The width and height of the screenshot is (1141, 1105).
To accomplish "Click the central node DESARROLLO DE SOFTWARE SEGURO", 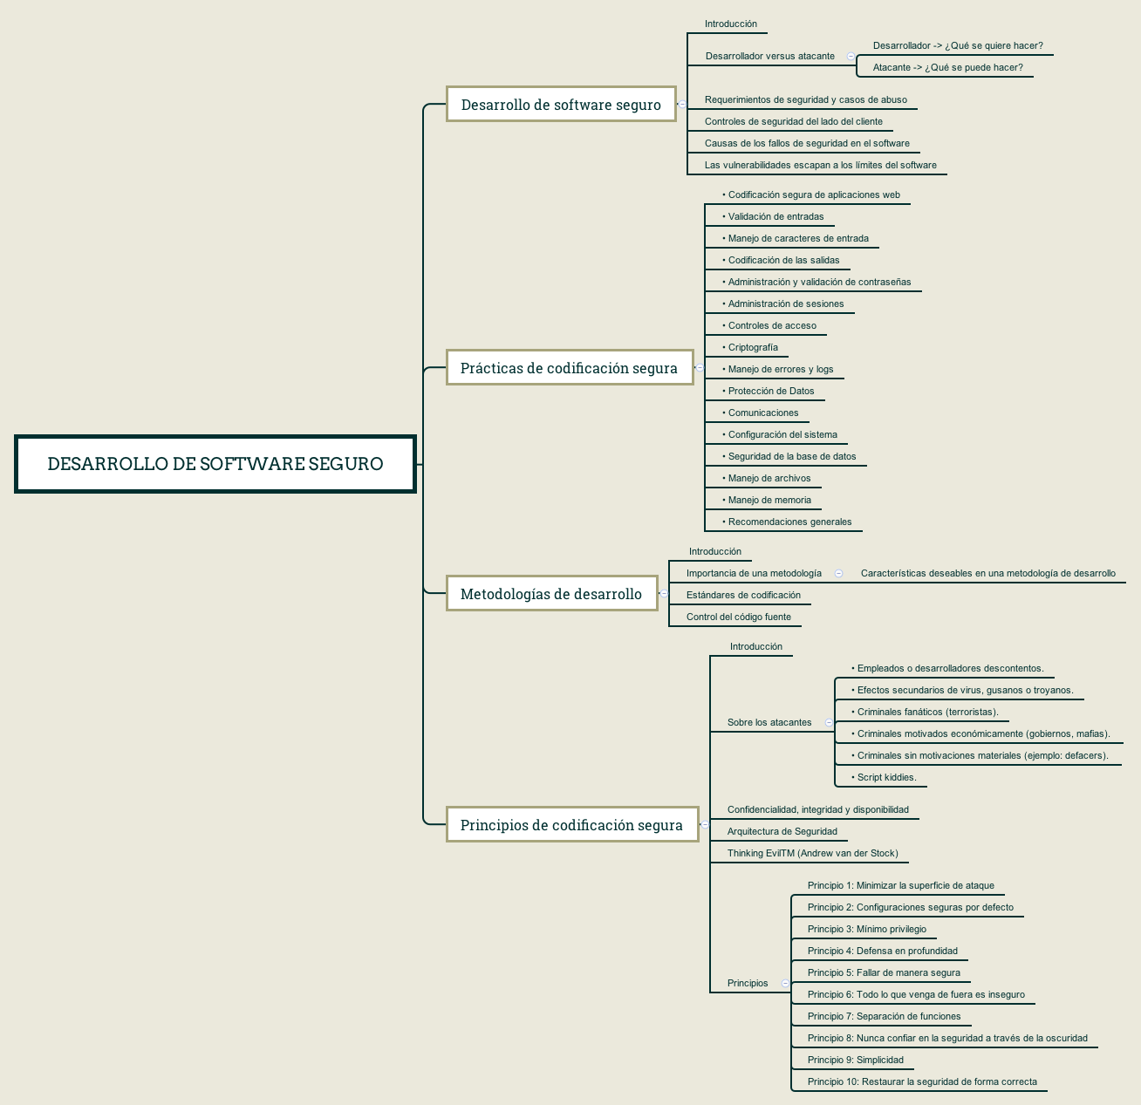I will pyautogui.click(x=215, y=464).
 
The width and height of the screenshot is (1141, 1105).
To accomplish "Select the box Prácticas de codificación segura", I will pyautogui.click(x=569, y=368).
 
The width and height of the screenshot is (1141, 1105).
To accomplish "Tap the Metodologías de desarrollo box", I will pyautogui.click(x=551, y=594).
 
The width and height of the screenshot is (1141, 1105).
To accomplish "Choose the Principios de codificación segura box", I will pyautogui.click(x=571, y=825).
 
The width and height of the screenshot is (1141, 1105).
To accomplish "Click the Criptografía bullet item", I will pyautogui.click(x=752, y=347).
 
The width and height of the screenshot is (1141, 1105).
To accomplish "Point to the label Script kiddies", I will pyautogui.click(x=886, y=777).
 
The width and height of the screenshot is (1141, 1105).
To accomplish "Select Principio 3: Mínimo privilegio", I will pyautogui.click(x=867, y=929).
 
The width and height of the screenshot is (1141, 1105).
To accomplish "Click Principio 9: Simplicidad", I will pyautogui.click(x=856, y=1060).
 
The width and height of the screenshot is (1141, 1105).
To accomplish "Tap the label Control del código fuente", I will pyautogui.click(x=739, y=617).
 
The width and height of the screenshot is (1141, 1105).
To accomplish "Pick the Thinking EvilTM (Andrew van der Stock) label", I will pyautogui.click(x=812, y=853).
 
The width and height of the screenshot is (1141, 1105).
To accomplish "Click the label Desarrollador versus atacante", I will pyautogui.click(x=770, y=56).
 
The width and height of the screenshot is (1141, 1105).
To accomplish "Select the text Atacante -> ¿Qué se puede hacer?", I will pyautogui.click(x=947, y=67).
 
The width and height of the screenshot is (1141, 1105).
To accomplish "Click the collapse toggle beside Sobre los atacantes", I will pyautogui.click(x=829, y=722).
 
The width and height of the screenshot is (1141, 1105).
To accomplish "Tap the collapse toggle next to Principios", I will pyautogui.click(x=785, y=983).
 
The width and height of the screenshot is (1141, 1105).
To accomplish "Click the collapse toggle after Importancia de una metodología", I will pyautogui.click(x=838, y=573).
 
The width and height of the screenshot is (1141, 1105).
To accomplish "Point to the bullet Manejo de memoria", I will pyautogui.click(x=769, y=500).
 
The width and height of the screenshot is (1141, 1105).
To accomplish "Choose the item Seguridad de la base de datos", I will pyautogui.click(x=791, y=456).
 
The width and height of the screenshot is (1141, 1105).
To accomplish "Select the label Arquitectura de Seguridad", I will pyautogui.click(x=782, y=831).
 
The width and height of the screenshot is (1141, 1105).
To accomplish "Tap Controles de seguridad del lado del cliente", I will pyautogui.click(x=794, y=121).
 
